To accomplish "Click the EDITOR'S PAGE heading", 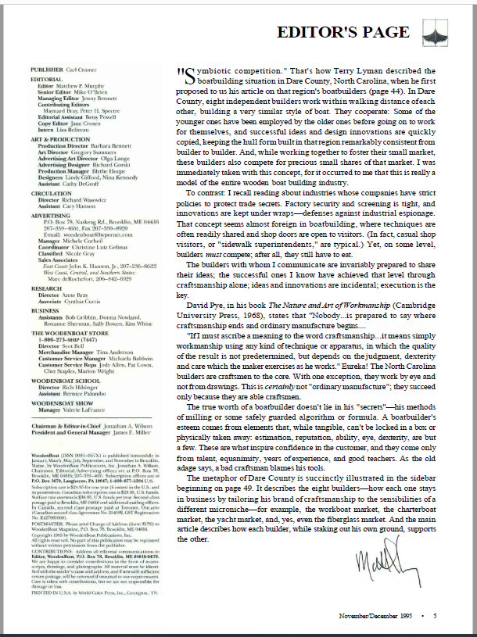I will click(343, 32).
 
